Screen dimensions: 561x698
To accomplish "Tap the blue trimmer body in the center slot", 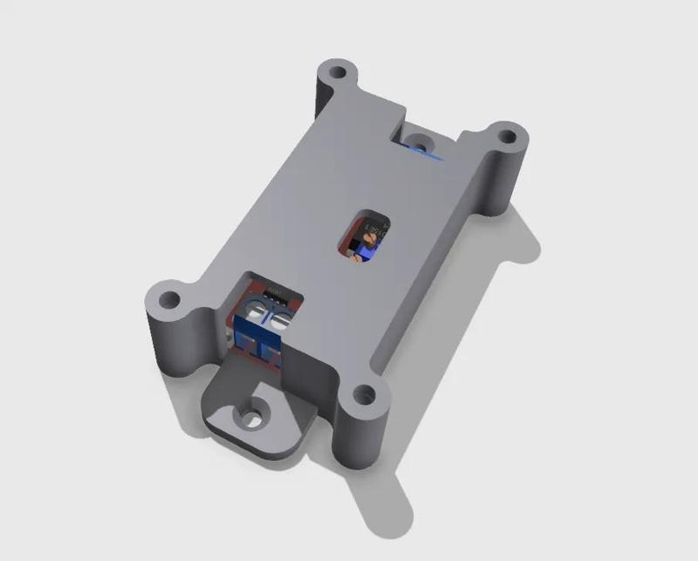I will click(x=365, y=252).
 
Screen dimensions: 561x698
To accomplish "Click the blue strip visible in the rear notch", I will click(x=428, y=157).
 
